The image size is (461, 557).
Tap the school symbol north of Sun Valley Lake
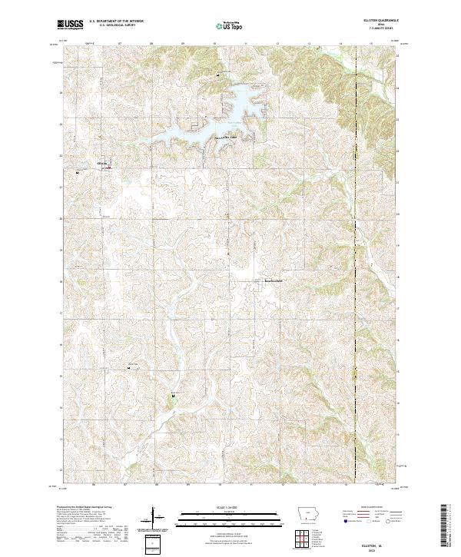[218, 75]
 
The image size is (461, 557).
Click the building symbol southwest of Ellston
[78, 173]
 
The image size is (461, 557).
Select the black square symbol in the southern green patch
[174, 396]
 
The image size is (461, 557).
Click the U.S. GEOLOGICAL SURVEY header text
[117, 25]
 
